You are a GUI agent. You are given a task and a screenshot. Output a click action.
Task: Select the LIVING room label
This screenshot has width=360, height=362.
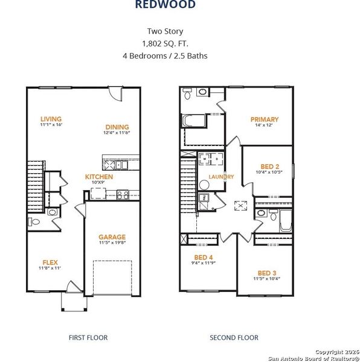[x=51, y=119]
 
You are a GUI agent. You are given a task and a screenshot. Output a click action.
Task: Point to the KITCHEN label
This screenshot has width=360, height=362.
[x=98, y=177]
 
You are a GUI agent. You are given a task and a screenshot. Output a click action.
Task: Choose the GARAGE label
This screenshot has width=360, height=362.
[x=112, y=237]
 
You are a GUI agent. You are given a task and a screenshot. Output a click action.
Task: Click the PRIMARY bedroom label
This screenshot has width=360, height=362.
[x=265, y=119]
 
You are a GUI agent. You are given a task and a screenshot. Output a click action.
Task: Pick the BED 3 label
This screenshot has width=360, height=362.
[x=266, y=273]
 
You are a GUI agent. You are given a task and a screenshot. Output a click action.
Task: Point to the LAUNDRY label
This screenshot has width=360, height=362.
[x=221, y=176]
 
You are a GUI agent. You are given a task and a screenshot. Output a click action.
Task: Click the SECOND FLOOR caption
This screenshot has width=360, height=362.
[x=234, y=338]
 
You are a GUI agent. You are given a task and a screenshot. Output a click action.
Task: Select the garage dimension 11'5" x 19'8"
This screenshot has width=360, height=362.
[x=112, y=244]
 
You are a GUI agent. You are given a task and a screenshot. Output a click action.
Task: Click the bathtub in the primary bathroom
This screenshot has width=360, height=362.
[x=192, y=119]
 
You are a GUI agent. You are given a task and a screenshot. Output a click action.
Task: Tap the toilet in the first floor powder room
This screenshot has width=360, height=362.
[x=34, y=222]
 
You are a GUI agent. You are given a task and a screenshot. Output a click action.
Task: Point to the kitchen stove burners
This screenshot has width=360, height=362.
[x=122, y=194]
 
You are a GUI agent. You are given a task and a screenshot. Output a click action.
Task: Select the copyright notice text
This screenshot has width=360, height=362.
[x=313, y=354]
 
